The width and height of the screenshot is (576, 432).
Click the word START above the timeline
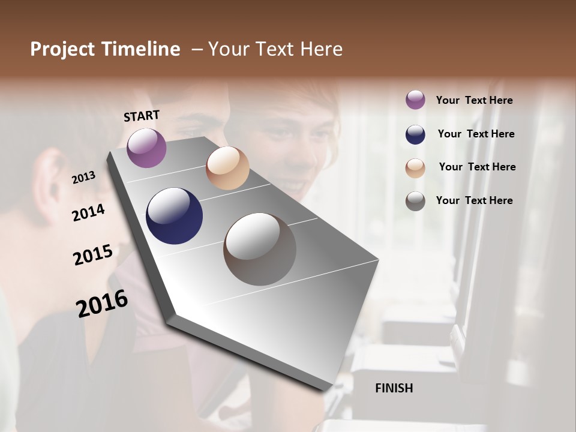142,116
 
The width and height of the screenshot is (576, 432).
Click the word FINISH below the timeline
394,388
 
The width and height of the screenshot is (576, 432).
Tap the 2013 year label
84,177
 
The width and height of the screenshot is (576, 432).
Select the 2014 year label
89,212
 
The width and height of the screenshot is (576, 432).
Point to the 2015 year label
93,254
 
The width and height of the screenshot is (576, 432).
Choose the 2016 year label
102,303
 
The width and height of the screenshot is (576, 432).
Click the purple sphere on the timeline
146,148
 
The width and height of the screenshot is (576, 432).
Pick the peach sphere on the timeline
227,168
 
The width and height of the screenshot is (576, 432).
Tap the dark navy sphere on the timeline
174,216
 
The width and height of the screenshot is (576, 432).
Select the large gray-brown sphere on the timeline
260,249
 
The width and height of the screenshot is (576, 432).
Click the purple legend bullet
415,100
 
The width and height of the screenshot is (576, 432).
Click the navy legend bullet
415,134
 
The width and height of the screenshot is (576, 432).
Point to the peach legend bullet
415,168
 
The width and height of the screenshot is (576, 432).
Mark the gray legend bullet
415,201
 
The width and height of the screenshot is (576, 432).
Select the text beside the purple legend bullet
474,101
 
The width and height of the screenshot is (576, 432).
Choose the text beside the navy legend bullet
476,134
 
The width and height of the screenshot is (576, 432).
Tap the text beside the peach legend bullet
477,167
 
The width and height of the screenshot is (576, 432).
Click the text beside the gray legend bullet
474,200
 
